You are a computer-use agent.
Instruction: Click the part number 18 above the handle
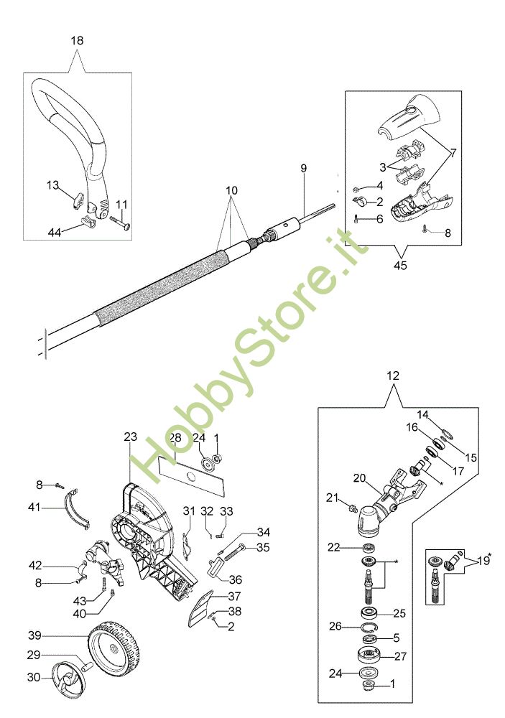pyautogui.click(x=77, y=41)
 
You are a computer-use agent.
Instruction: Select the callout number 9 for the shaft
pyautogui.click(x=304, y=168)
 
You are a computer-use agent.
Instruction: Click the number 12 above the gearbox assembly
pyautogui.click(x=393, y=376)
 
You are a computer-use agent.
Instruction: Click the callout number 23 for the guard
pyautogui.click(x=130, y=437)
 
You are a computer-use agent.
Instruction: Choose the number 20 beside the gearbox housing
pyautogui.click(x=360, y=477)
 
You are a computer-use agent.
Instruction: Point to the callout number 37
pyautogui.click(x=234, y=597)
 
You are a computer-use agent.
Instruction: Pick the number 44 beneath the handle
pyautogui.click(x=54, y=231)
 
